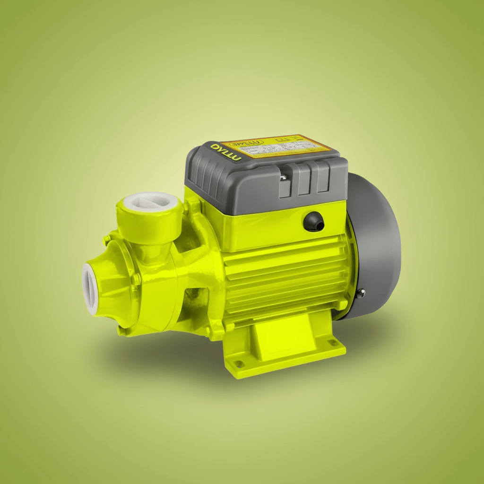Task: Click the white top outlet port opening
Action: click(150, 204)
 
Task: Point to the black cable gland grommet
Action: click(313, 221)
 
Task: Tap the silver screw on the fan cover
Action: click(361, 294)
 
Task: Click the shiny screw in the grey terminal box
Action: click(282, 177)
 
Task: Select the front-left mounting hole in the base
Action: click(239, 364)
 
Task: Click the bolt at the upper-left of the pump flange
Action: click(107, 240)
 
